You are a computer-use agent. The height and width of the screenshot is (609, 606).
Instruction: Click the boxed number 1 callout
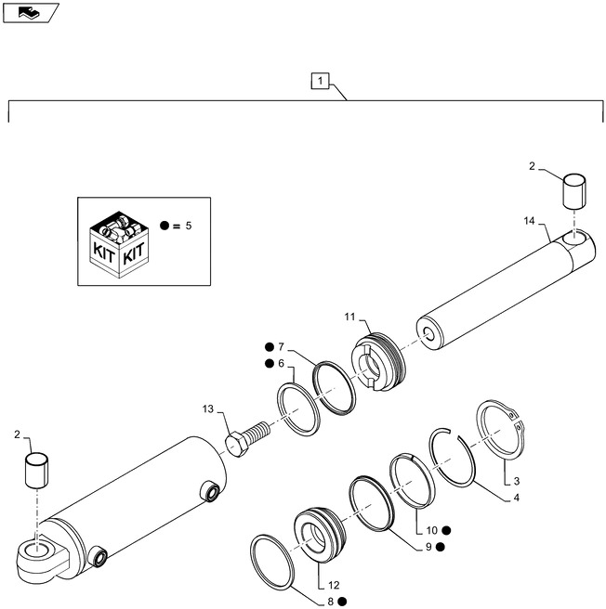point(320,82)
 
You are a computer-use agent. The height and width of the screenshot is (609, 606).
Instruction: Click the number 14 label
point(529,220)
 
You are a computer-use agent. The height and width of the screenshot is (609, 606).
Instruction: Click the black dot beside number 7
point(268,346)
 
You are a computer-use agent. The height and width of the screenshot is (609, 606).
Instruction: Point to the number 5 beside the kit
point(189,226)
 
